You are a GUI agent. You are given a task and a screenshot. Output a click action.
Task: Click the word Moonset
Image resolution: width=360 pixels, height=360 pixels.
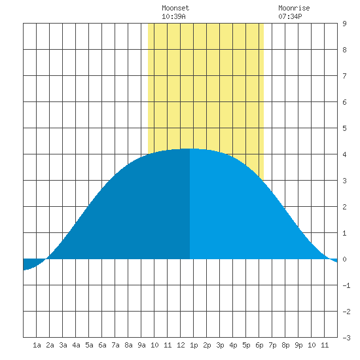click(175, 8)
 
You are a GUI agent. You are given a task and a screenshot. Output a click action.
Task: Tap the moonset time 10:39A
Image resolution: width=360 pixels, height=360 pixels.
click(173, 16)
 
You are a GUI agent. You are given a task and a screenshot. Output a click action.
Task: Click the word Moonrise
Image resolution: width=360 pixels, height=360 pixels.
click(294, 8)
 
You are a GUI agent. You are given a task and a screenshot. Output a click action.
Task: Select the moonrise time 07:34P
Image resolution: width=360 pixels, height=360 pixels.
click(290, 16)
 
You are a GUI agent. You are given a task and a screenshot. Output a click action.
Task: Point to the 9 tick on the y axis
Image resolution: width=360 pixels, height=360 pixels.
click(344, 24)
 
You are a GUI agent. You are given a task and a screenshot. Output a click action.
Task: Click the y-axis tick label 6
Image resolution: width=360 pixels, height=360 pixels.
click(344, 102)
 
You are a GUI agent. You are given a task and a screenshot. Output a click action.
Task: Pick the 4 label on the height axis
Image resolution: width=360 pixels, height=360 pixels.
click(344, 154)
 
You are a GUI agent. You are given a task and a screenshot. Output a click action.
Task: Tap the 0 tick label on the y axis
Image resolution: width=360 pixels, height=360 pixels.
click(344, 259)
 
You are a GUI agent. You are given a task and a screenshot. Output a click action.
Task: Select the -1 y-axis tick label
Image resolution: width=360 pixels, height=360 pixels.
click(346, 285)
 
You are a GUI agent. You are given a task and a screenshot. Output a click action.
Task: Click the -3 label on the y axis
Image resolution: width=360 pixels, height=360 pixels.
click(346, 338)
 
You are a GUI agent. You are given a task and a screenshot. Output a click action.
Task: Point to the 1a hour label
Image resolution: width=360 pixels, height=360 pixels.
click(37, 345)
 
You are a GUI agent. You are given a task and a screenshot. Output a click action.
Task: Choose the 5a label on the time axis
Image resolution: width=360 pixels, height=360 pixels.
click(89, 345)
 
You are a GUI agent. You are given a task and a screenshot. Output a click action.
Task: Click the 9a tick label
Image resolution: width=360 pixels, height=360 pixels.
click(141, 345)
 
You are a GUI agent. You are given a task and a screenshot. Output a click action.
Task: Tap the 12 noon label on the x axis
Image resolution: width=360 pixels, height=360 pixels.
click(181, 345)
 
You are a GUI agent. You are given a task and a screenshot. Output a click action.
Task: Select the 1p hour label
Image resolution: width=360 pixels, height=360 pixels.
click(194, 345)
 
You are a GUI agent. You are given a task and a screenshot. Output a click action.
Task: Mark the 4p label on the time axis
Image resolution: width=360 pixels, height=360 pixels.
click(233, 345)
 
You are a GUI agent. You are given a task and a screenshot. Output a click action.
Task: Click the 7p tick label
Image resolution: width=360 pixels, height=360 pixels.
click(272, 345)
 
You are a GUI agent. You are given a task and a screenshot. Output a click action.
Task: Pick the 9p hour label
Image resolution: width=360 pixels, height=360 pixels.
click(298, 345)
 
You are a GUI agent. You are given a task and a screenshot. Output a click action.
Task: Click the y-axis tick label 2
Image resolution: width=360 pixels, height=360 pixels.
click(344, 207)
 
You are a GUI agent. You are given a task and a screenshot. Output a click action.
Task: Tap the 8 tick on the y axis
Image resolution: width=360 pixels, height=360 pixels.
click(344, 50)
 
